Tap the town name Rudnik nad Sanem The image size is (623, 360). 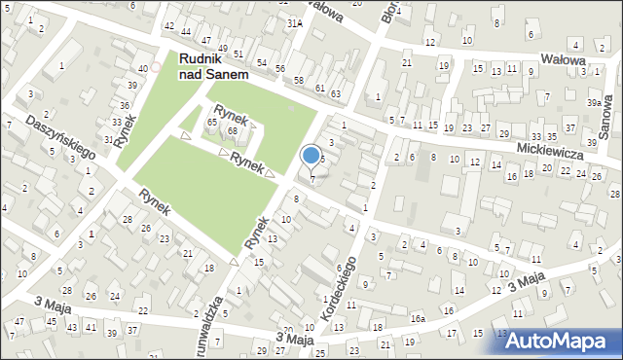coord(213,66)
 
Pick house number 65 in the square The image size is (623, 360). coord(212,122)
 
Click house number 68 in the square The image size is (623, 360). coord(233,130)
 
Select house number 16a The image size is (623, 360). coord(418,318)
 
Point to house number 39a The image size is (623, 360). coord(594,102)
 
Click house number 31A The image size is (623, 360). coord(295,22)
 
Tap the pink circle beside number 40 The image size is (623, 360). coord(156,67)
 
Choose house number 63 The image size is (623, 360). coord(336,93)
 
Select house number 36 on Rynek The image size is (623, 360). coord(125,104)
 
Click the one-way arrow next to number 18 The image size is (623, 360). coord(234,261)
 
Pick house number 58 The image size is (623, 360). coord(299,80)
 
